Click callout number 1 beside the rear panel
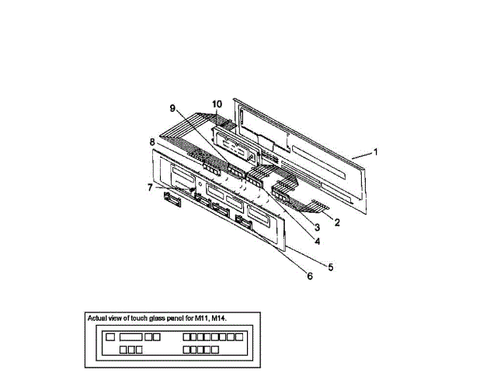376,152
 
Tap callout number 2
338,221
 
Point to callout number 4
317,241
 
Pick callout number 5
330,267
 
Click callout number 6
309,275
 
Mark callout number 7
151,187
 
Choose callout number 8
153,141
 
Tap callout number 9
173,109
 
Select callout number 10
217,103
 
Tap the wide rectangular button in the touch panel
130,338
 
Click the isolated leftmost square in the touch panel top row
110,338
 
